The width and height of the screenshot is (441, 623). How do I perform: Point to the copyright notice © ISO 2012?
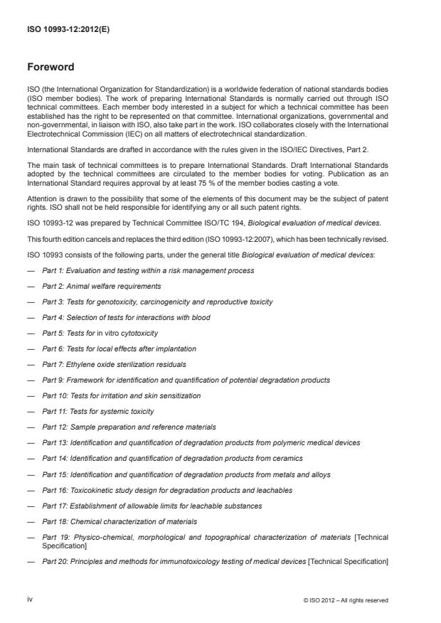tap(345, 600)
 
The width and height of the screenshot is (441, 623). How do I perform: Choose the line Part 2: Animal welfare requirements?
tap(101, 286)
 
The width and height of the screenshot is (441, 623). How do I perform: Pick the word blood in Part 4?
tap(201, 317)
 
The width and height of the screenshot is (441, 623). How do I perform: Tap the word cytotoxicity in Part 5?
tap(136, 333)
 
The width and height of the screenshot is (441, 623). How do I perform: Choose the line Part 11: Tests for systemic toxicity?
tap(98, 411)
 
